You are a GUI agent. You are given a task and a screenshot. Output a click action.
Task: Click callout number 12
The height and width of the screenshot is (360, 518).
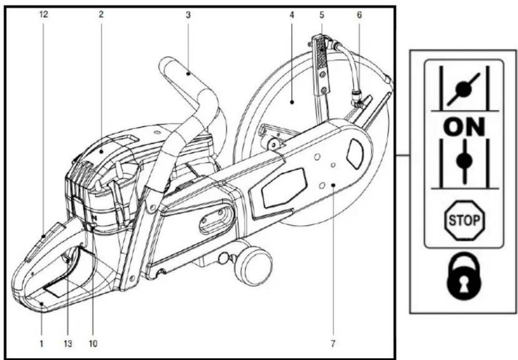(x=44, y=14)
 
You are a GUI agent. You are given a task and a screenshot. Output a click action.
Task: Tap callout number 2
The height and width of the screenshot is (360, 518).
(x=101, y=14)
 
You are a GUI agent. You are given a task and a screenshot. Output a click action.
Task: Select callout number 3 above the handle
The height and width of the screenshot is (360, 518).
(x=188, y=14)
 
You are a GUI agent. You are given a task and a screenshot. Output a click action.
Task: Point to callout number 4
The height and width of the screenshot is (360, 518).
(x=292, y=14)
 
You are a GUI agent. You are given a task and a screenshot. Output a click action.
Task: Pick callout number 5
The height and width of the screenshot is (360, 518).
(x=322, y=14)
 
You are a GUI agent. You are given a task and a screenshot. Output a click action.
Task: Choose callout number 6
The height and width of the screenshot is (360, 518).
(x=359, y=14)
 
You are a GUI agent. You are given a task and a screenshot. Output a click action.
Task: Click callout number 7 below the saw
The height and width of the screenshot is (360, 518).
(x=333, y=344)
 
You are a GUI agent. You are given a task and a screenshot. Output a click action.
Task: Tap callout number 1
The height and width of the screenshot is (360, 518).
(x=42, y=344)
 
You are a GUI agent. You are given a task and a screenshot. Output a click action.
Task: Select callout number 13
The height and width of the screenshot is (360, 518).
(x=68, y=344)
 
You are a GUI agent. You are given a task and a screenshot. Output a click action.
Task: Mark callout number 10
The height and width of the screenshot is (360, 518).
(x=93, y=344)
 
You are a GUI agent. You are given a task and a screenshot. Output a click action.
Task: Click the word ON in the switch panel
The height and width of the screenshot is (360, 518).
(x=464, y=127)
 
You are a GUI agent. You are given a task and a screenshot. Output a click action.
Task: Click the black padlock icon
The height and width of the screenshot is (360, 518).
(x=464, y=276)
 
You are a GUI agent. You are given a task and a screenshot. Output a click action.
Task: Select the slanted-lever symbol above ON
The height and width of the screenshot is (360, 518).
(x=464, y=88)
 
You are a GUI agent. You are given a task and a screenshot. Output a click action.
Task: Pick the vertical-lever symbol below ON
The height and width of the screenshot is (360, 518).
(x=464, y=161)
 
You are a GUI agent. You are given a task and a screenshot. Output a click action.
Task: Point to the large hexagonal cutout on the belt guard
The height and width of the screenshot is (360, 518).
(x=284, y=188)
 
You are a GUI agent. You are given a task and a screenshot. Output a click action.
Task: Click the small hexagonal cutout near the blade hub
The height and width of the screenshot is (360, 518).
(x=355, y=154)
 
